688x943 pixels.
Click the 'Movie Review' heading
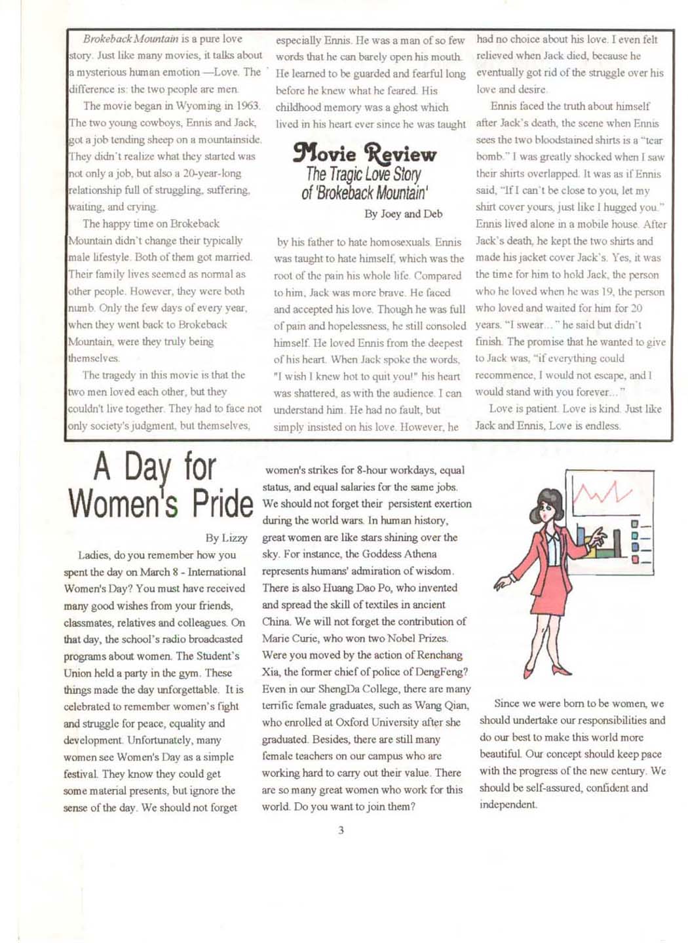click(364, 155)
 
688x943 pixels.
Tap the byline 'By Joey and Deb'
click(403, 214)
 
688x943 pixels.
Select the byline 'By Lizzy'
click(226, 538)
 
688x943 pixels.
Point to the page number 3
click(341, 830)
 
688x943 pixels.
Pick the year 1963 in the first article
click(248, 106)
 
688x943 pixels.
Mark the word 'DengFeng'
click(442, 671)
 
